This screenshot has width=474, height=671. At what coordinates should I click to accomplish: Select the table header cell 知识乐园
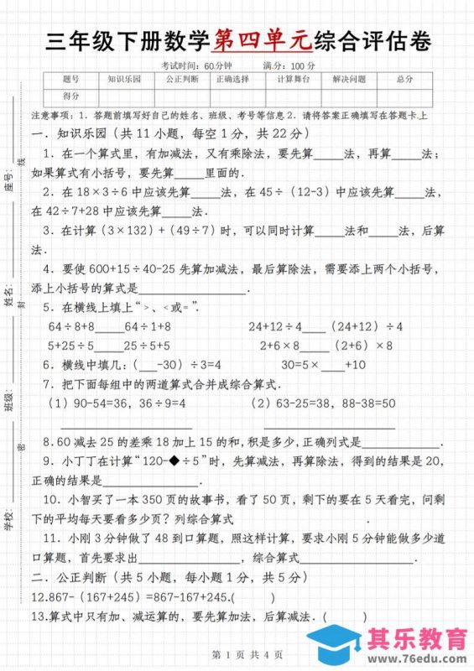[125, 79]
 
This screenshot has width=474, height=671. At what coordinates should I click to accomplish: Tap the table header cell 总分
[405, 79]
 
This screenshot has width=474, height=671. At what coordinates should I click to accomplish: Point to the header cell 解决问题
[349, 79]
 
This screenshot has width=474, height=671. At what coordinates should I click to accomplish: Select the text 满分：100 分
[289, 65]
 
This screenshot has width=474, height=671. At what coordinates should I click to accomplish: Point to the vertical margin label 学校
[8, 521]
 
